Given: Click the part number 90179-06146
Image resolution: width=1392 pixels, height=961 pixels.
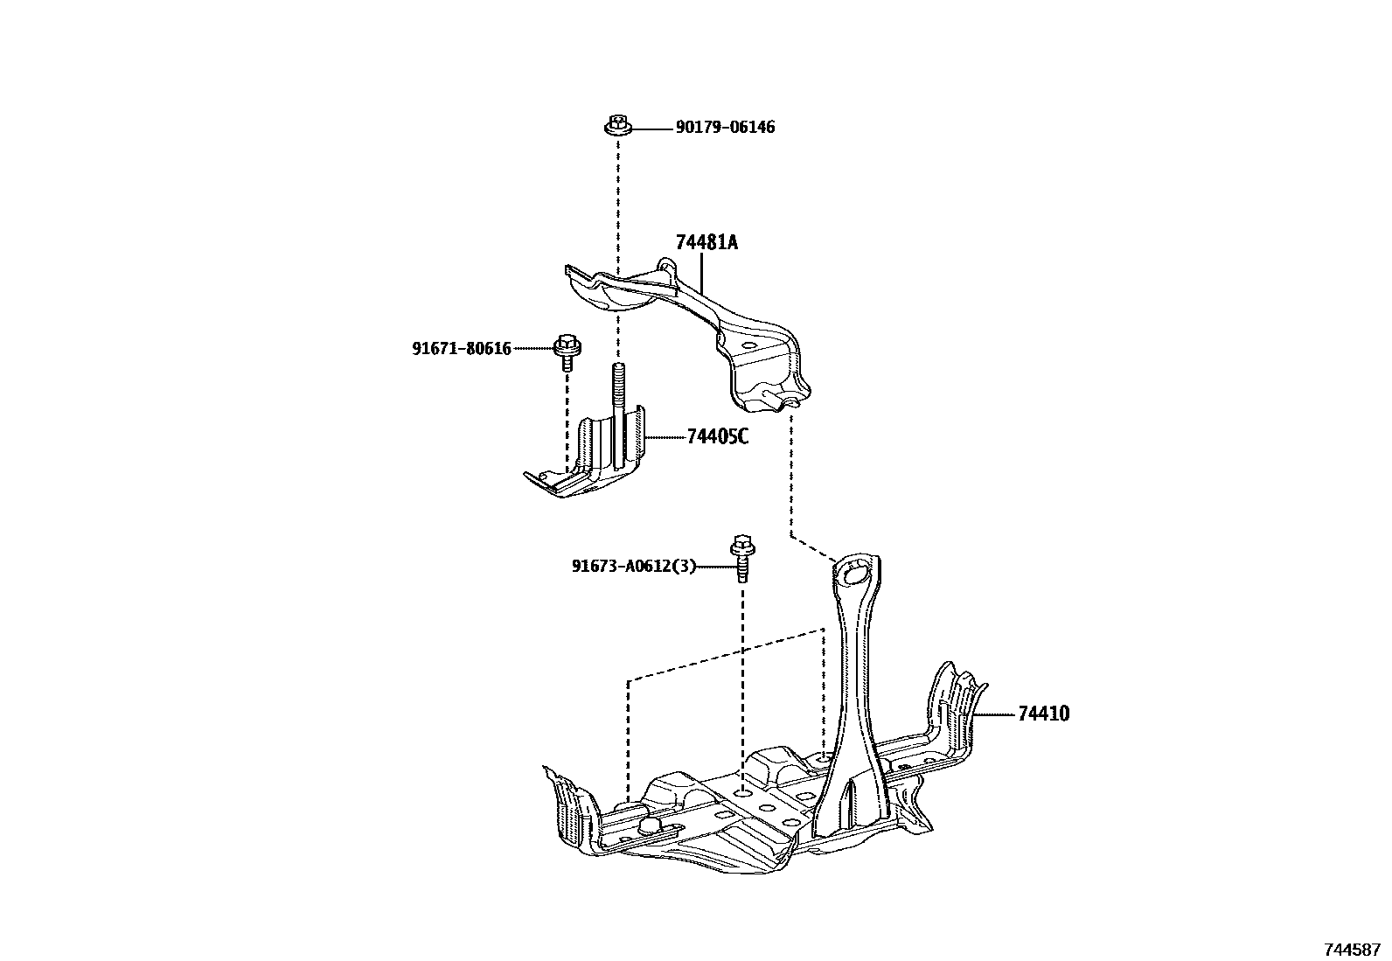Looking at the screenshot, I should pos(725,128).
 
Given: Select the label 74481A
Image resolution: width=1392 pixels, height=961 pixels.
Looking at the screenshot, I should pos(706,242).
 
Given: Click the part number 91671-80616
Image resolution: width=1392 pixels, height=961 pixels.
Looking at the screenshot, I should pos(462,348).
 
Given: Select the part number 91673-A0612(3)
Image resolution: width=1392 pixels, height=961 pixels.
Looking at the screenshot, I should pos(634,566).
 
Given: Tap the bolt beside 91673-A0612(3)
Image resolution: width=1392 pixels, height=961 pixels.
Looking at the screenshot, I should pos(741,557).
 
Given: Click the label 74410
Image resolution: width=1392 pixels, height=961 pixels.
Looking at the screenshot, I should pos(1043,714).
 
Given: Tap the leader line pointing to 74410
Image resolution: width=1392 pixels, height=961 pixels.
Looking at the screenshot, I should pos(995,714).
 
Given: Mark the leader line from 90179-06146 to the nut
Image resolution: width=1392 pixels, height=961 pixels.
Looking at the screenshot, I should pos(651,129).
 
